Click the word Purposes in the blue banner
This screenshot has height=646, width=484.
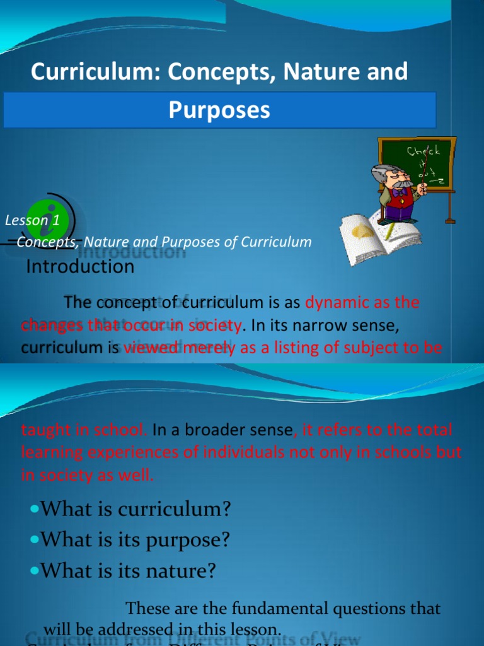coord(219,110)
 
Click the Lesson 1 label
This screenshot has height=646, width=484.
coord(32,220)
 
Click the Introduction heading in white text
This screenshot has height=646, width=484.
coord(80,267)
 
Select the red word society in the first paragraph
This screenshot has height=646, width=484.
coord(214,326)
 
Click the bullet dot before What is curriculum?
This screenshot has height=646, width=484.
coord(35,509)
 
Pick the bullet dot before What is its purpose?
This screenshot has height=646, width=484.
coord(35,539)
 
